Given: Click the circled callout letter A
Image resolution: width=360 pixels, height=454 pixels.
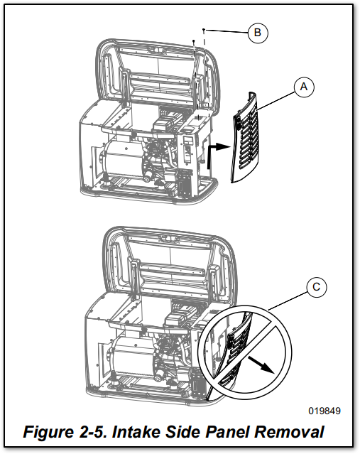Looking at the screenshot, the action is (x=304, y=87).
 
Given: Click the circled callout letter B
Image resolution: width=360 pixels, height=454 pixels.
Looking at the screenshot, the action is (x=258, y=33).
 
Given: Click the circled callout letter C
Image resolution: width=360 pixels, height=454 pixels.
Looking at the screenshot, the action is (x=316, y=287).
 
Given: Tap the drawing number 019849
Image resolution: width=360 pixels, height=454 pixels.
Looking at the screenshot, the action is (x=324, y=411).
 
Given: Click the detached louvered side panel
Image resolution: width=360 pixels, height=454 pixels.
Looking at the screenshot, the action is (x=246, y=138).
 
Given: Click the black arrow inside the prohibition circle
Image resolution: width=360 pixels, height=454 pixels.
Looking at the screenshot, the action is (x=261, y=364).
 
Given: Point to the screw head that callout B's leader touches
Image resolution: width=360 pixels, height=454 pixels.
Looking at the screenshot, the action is (x=204, y=30).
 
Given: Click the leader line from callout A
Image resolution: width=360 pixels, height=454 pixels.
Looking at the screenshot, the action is (x=276, y=101).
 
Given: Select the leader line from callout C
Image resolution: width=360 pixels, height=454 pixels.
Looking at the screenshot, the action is (x=288, y=301).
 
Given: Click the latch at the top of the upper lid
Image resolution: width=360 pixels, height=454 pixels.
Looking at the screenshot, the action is (x=156, y=50).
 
